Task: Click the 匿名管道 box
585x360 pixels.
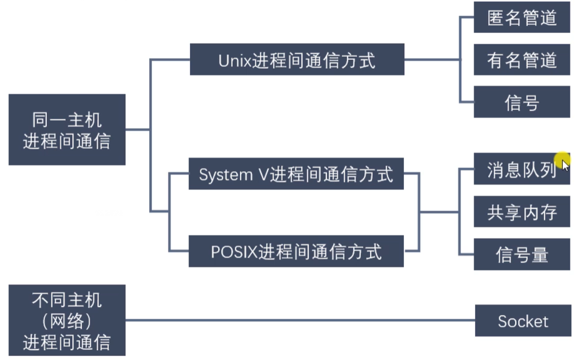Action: tap(522, 17)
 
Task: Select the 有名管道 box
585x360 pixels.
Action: tap(522, 60)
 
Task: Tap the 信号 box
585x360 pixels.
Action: tap(522, 102)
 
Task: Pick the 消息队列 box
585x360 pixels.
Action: tap(522, 170)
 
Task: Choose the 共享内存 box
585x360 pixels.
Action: tap(522, 212)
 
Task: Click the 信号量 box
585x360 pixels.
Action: tap(522, 254)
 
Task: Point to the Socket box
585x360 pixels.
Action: tap(523, 320)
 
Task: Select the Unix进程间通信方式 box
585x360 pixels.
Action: tap(297, 60)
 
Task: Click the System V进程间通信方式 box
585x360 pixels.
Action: tap(296, 174)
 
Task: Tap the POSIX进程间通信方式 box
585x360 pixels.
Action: tap(296, 251)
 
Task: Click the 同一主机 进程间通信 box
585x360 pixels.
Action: tap(67, 130)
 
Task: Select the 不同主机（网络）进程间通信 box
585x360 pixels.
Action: tap(67, 320)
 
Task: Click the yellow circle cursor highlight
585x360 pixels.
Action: tap(562, 160)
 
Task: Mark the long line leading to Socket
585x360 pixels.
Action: tap(300, 320)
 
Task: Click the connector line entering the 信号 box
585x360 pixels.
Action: tap(467, 102)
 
